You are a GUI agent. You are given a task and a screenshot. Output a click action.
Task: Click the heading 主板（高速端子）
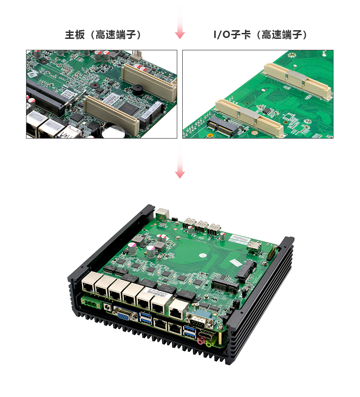pos(103,35)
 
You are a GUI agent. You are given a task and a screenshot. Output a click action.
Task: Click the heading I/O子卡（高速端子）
pos(260,35)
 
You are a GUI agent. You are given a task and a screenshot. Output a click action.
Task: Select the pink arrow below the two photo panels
pos(180,161)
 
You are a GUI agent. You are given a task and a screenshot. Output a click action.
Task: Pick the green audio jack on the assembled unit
pos(209,343)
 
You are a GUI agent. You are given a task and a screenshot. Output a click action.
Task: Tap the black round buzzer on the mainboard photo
pos(138,90)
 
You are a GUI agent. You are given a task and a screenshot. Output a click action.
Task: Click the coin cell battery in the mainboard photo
pos(114,130)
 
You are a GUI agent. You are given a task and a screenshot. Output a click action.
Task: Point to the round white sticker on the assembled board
pos(203,256)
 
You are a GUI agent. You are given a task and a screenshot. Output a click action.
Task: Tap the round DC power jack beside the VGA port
pos(107,307)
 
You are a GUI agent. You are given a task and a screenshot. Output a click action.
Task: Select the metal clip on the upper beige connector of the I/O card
pos(296,78)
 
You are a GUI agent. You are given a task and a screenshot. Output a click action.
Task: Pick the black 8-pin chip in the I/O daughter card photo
pos(267,111)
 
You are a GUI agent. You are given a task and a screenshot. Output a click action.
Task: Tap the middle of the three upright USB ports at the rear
pos(201,227)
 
